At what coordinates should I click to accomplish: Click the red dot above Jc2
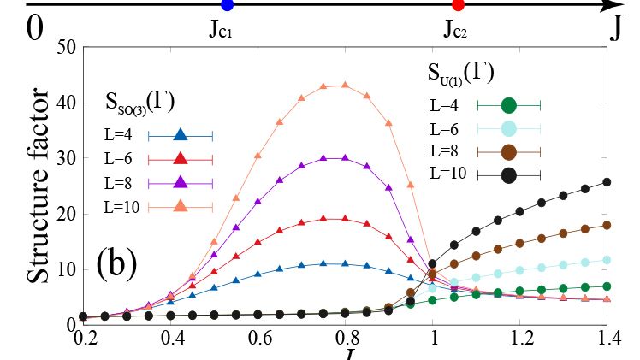click(x=458, y=6)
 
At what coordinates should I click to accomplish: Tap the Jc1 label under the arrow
click(x=221, y=31)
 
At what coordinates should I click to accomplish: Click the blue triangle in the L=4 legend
click(x=180, y=134)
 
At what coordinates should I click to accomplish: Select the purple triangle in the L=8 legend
click(x=180, y=182)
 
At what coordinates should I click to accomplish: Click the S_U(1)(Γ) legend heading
click(x=459, y=72)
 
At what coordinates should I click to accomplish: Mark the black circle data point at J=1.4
click(x=607, y=182)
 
